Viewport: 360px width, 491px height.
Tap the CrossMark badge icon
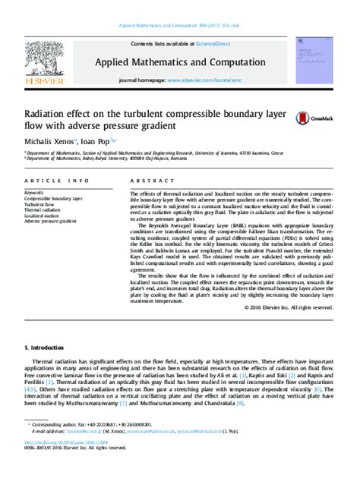pyautogui.click(x=308, y=120)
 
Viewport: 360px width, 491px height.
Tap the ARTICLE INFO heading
pyautogui.click(x=50, y=181)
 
